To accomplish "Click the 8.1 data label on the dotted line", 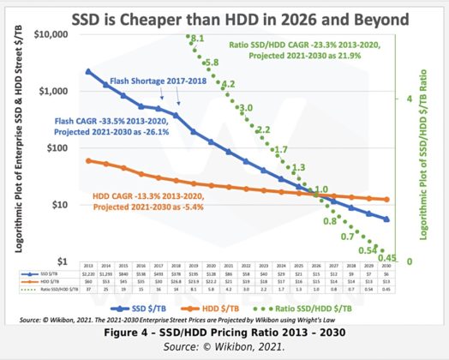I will [x=197, y=39].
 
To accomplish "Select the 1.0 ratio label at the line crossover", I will [x=320, y=190].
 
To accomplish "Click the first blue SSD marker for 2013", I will [x=88, y=71].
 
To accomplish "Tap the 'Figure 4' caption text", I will [x=224, y=331].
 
